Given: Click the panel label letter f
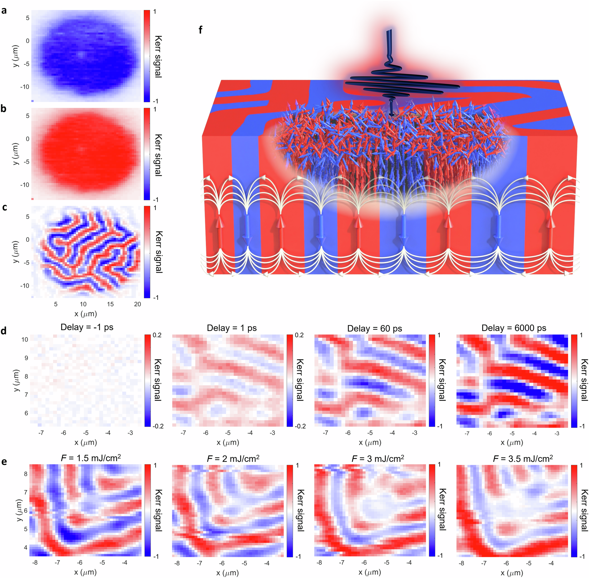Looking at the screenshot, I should pyautogui.click(x=200, y=30).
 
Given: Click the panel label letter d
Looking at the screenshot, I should pyautogui.click(x=4, y=331).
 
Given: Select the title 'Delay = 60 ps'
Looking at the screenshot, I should pyautogui.click(x=374, y=329).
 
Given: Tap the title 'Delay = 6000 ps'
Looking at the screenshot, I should pyautogui.click(x=514, y=328).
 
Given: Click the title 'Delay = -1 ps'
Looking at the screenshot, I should pyautogui.click(x=87, y=327).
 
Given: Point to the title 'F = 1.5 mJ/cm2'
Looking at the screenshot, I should pyautogui.click(x=91, y=458).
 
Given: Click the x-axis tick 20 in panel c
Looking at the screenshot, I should pyautogui.click(x=137, y=304).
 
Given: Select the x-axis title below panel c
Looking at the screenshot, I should pyautogui.click(x=85, y=314).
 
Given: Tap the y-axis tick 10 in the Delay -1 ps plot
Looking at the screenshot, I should pyautogui.click(x=25, y=339).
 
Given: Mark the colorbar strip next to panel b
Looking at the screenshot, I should pyautogui.click(x=147, y=154).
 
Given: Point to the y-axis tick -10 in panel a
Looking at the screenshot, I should pyautogui.click(x=25, y=87).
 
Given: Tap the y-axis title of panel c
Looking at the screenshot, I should pyautogui.click(x=16, y=252).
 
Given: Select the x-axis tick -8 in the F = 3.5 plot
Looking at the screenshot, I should pyautogui.click(x=461, y=563).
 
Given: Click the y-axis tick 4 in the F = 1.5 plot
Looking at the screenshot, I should pyautogui.click(x=26, y=547).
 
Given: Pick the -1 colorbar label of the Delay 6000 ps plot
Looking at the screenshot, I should pyautogui.click(x=582, y=426).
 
